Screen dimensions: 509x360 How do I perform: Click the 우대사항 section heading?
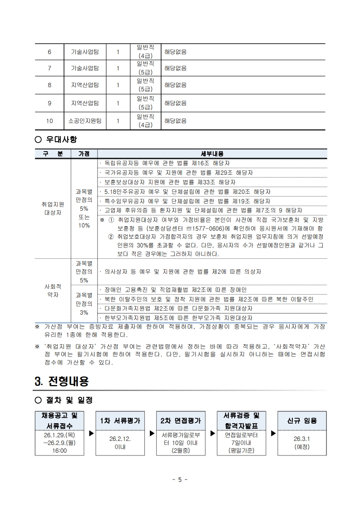click(x=59, y=139)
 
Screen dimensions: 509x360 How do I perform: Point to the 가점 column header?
click(x=84, y=154)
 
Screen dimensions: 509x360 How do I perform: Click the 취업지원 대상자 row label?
click(x=53, y=208)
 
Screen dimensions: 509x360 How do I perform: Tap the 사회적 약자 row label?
click(x=53, y=291)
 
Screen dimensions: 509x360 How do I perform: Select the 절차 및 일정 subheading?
click(x=66, y=400)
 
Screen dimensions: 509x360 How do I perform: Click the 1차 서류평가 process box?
click(x=120, y=420)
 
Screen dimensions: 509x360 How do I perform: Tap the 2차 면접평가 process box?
click(x=181, y=420)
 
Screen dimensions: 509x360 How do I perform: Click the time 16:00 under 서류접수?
click(x=59, y=450)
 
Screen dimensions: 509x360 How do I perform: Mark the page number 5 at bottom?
click(x=180, y=479)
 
